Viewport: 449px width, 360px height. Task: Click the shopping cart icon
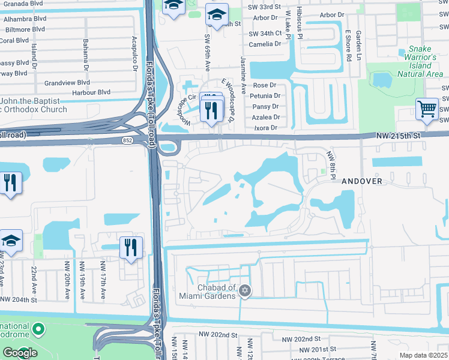427,109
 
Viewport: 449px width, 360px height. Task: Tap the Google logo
20,353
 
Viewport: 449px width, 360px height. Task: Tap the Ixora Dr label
266,128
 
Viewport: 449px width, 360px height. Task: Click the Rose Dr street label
265,86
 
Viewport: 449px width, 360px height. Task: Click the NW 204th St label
19,299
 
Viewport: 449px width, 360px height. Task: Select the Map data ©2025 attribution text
423,355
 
